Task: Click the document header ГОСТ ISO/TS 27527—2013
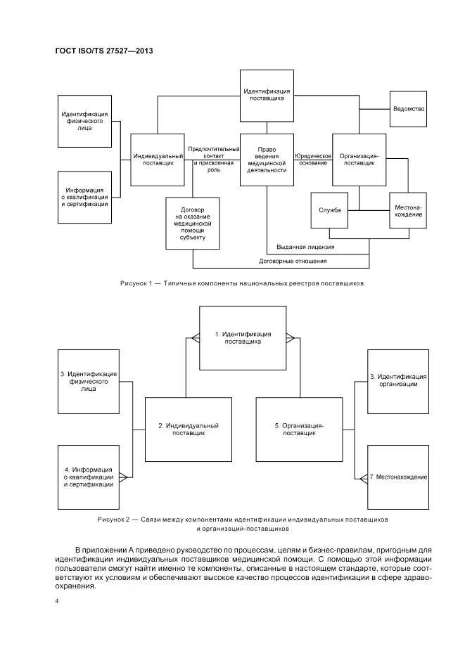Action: (x=103, y=51)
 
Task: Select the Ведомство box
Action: (x=408, y=109)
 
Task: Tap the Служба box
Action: (x=329, y=210)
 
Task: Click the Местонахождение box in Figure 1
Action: (x=408, y=210)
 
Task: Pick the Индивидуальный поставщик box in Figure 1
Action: (x=158, y=159)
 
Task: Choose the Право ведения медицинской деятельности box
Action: (x=267, y=159)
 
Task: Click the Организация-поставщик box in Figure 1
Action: (x=359, y=159)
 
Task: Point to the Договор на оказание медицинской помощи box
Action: (x=192, y=223)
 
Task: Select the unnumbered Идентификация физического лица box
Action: (x=84, y=121)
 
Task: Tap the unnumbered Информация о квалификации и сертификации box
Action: (x=84, y=197)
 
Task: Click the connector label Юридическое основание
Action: (x=312, y=159)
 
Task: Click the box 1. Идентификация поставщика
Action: (x=243, y=337)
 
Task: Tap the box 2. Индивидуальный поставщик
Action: (x=189, y=430)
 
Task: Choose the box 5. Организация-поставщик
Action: (x=299, y=430)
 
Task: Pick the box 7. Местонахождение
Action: (x=397, y=477)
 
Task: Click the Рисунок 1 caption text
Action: (x=241, y=283)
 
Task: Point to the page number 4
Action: (x=57, y=602)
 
